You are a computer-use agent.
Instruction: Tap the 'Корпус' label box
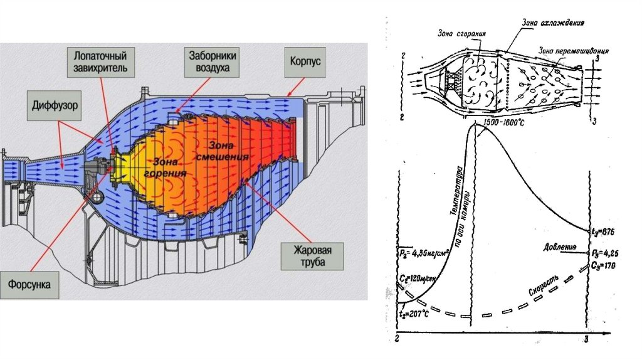coord(305,62)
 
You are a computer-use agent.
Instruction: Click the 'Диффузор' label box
coord(55,107)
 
